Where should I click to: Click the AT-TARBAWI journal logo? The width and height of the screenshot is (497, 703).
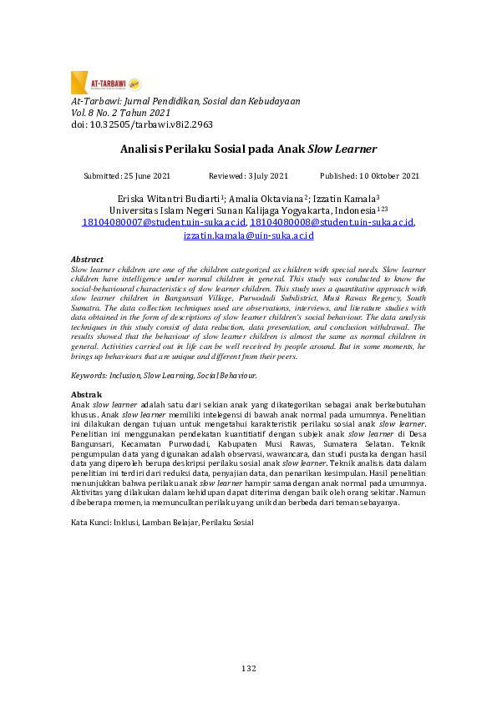click(105, 83)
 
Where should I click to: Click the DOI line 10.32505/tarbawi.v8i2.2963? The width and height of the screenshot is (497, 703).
click(142, 124)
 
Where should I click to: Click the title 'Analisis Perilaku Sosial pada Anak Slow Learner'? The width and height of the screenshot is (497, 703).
click(248, 150)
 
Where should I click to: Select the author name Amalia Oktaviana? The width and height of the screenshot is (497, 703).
click(261, 200)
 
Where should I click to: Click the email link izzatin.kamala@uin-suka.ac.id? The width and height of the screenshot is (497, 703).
click(248, 236)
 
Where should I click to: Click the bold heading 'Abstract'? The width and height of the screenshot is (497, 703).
click(88, 260)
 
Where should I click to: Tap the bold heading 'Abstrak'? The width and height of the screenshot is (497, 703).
click(86, 394)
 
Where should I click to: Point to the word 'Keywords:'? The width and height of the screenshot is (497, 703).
click(90, 376)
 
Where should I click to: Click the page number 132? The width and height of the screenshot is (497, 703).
click(248, 668)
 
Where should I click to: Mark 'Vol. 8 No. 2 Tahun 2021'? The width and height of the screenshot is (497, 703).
click(120, 112)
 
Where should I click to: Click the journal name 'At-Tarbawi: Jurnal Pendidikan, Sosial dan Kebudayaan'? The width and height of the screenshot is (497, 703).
click(185, 100)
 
